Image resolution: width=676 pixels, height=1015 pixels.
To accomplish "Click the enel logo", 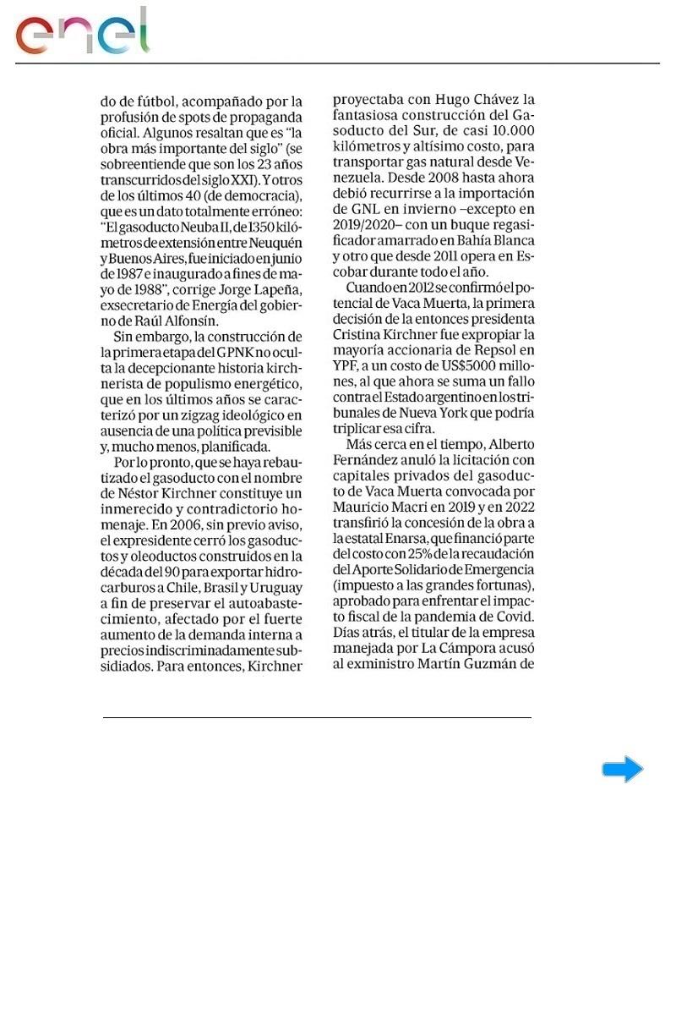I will click(82, 31).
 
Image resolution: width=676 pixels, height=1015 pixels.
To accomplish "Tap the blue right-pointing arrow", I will click(623, 770).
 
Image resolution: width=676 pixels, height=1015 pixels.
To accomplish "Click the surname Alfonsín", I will click(193, 321).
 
